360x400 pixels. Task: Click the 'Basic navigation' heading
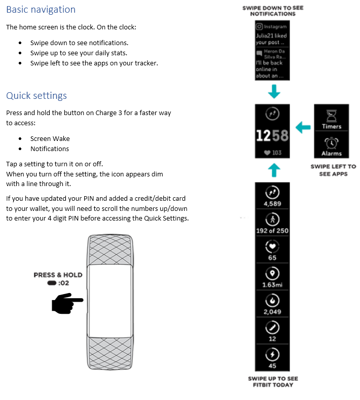(41, 10)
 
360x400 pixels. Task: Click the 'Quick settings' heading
(37, 96)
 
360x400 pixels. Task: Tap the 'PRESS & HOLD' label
(58, 275)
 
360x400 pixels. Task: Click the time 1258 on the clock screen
(272, 135)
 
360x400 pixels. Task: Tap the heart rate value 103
(276, 153)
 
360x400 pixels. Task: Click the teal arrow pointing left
(303, 127)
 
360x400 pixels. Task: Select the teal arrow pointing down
(274, 92)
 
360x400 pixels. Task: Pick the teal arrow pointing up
(274, 170)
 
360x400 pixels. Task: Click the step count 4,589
(272, 204)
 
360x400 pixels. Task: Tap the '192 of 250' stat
(272, 231)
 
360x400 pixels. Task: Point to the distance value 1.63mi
(272, 285)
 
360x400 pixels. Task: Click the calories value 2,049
(272, 312)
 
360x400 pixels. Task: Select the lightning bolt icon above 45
(272, 353)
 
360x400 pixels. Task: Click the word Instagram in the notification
(275, 26)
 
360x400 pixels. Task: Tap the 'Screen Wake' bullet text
(50, 138)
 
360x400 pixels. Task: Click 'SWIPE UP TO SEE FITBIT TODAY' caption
(273, 382)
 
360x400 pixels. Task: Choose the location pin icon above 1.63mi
(272, 273)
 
